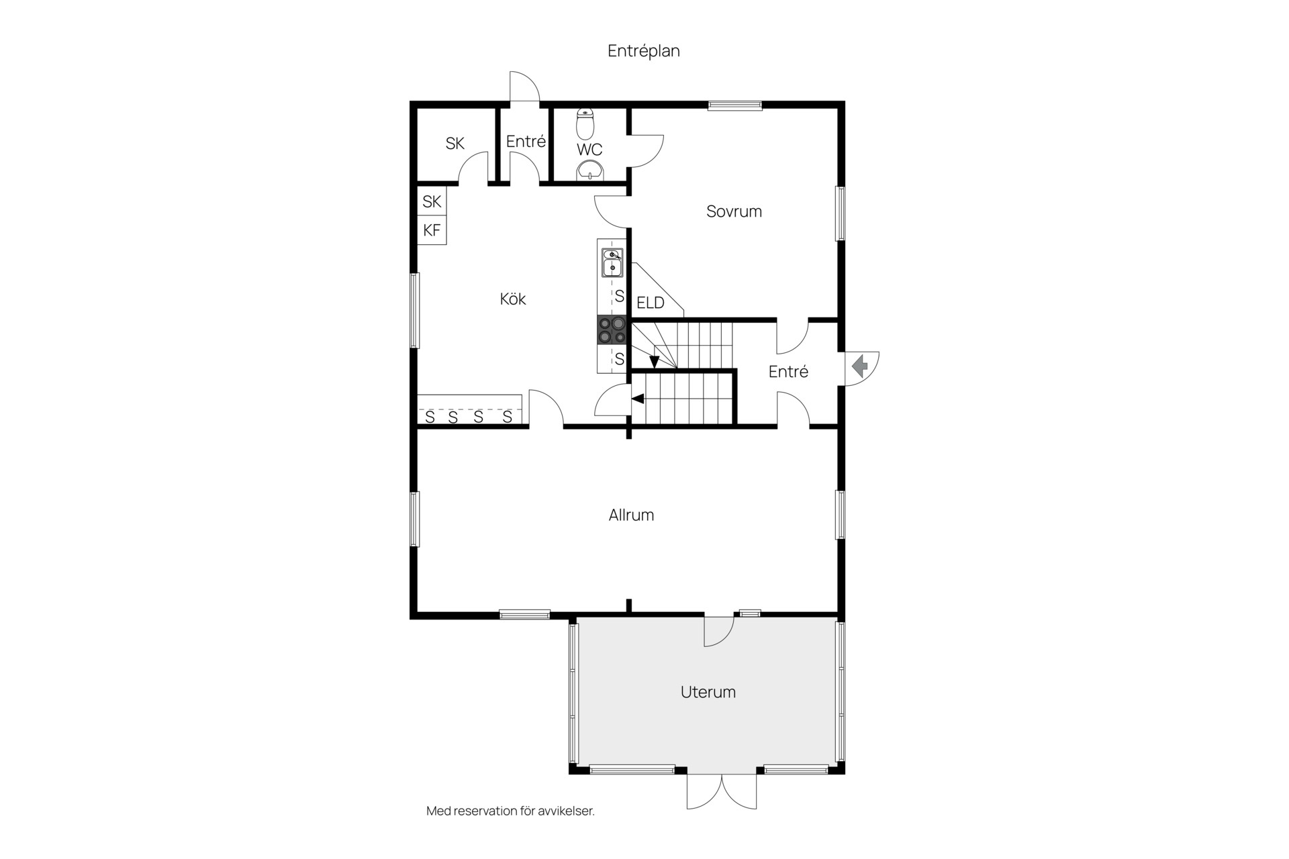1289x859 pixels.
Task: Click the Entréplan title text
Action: click(644, 51)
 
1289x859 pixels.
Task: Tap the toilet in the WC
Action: click(585, 123)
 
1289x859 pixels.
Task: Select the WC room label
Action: click(589, 149)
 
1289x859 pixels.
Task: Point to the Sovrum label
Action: click(734, 211)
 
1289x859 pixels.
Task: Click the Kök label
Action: click(513, 299)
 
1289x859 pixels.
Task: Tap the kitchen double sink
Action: click(612, 262)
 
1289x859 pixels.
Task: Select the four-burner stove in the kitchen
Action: click(612, 330)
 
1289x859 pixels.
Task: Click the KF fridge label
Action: click(432, 230)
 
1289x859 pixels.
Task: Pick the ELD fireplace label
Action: click(650, 303)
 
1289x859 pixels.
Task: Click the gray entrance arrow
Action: click(860, 366)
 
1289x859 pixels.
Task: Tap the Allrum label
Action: click(631, 515)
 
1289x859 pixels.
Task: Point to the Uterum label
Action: click(708, 692)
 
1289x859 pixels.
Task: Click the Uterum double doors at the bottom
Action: click(722, 792)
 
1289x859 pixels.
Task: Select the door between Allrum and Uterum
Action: click(719, 631)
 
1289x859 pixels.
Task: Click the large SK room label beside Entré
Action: click(455, 143)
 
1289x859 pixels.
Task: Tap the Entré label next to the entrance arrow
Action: click(788, 371)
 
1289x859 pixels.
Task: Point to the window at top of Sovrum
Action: click(735, 105)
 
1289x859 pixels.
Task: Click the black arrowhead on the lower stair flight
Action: click(638, 399)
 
